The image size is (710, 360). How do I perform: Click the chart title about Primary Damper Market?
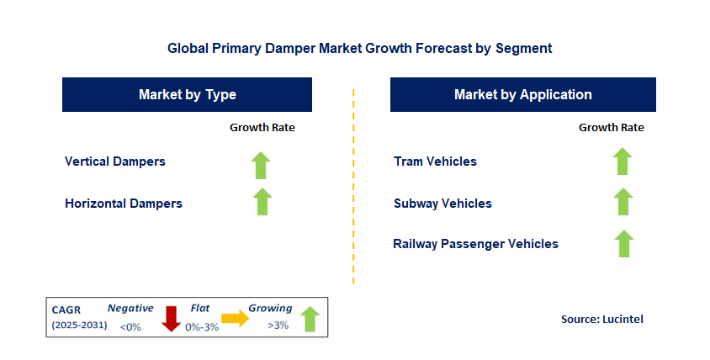tap(359, 48)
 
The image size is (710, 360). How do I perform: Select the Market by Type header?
tap(187, 94)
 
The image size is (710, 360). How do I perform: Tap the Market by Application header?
tap(523, 94)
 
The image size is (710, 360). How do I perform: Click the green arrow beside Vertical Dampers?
tap(261, 166)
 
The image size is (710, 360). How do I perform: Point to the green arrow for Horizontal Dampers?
tap(262, 202)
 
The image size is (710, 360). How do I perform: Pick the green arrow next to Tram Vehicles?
tap(623, 161)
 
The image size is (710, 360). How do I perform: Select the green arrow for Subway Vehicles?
tap(623, 202)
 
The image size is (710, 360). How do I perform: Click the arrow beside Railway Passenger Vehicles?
tap(624, 244)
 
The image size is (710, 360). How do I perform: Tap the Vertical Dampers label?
tap(115, 161)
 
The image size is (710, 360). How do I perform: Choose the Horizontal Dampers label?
tap(124, 204)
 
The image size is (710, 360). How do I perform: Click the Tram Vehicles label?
tap(435, 161)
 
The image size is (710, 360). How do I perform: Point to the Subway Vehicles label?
tap(442, 204)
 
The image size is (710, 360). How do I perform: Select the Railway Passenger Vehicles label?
tap(475, 244)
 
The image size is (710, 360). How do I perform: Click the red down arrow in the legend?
tap(171, 319)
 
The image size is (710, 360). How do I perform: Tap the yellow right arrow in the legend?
tap(235, 318)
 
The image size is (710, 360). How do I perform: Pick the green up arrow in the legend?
tap(310, 319)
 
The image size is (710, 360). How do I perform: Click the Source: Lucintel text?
tap(601, 320)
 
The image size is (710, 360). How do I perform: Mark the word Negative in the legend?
tap(130, 309)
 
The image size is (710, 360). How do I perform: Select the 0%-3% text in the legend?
tap(202, 327)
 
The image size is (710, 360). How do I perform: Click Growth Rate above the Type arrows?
tap(262, 128)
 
